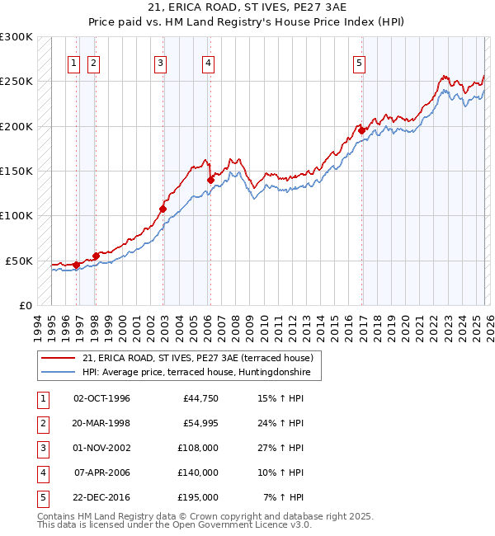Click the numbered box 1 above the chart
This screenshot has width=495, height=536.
73,62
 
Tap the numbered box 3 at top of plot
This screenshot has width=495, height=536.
160,62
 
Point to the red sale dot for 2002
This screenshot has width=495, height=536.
163,209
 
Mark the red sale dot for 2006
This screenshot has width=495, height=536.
210,180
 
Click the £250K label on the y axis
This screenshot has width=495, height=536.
16,82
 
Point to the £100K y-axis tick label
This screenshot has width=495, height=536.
16,216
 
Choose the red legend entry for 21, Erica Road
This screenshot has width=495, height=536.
197,358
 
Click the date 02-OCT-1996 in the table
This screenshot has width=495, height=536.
101,399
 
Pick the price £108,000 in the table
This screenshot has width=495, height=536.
199,449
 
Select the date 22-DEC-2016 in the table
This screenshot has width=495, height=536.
101,498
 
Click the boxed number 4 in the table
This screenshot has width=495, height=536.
41,473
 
